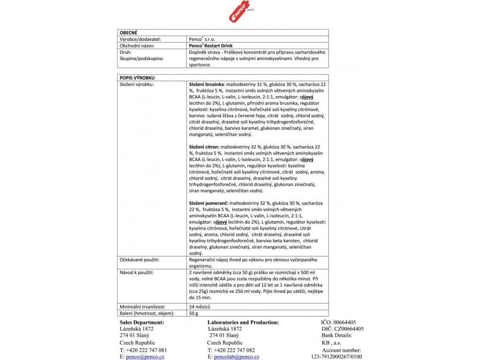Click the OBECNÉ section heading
128,33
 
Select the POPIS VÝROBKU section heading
137,77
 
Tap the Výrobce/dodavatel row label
141,40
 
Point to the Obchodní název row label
137,46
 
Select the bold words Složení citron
204,147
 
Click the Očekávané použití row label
140,259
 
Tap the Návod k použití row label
136,272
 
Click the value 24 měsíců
199,307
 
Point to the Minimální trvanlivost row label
142,307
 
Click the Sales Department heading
142,322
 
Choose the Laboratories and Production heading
243,322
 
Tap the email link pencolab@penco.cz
236,357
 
